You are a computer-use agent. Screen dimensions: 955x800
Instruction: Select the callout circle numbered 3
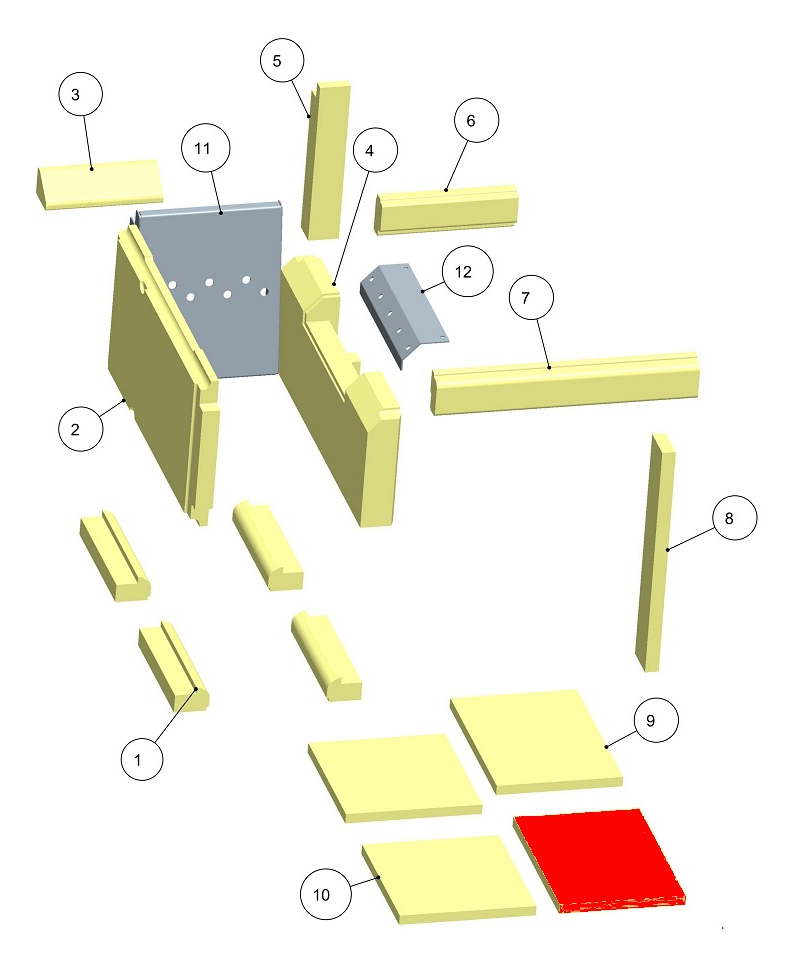82,96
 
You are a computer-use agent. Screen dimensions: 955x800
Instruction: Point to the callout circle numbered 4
370,151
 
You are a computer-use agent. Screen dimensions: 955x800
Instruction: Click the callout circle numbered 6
473,121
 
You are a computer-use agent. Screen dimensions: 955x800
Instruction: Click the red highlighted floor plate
601,859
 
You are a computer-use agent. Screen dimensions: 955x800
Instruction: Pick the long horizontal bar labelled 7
565,382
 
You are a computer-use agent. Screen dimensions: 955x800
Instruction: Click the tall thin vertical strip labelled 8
654,550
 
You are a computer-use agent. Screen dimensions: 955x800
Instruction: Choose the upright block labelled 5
326,160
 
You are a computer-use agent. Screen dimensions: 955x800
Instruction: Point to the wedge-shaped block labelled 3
100,184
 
